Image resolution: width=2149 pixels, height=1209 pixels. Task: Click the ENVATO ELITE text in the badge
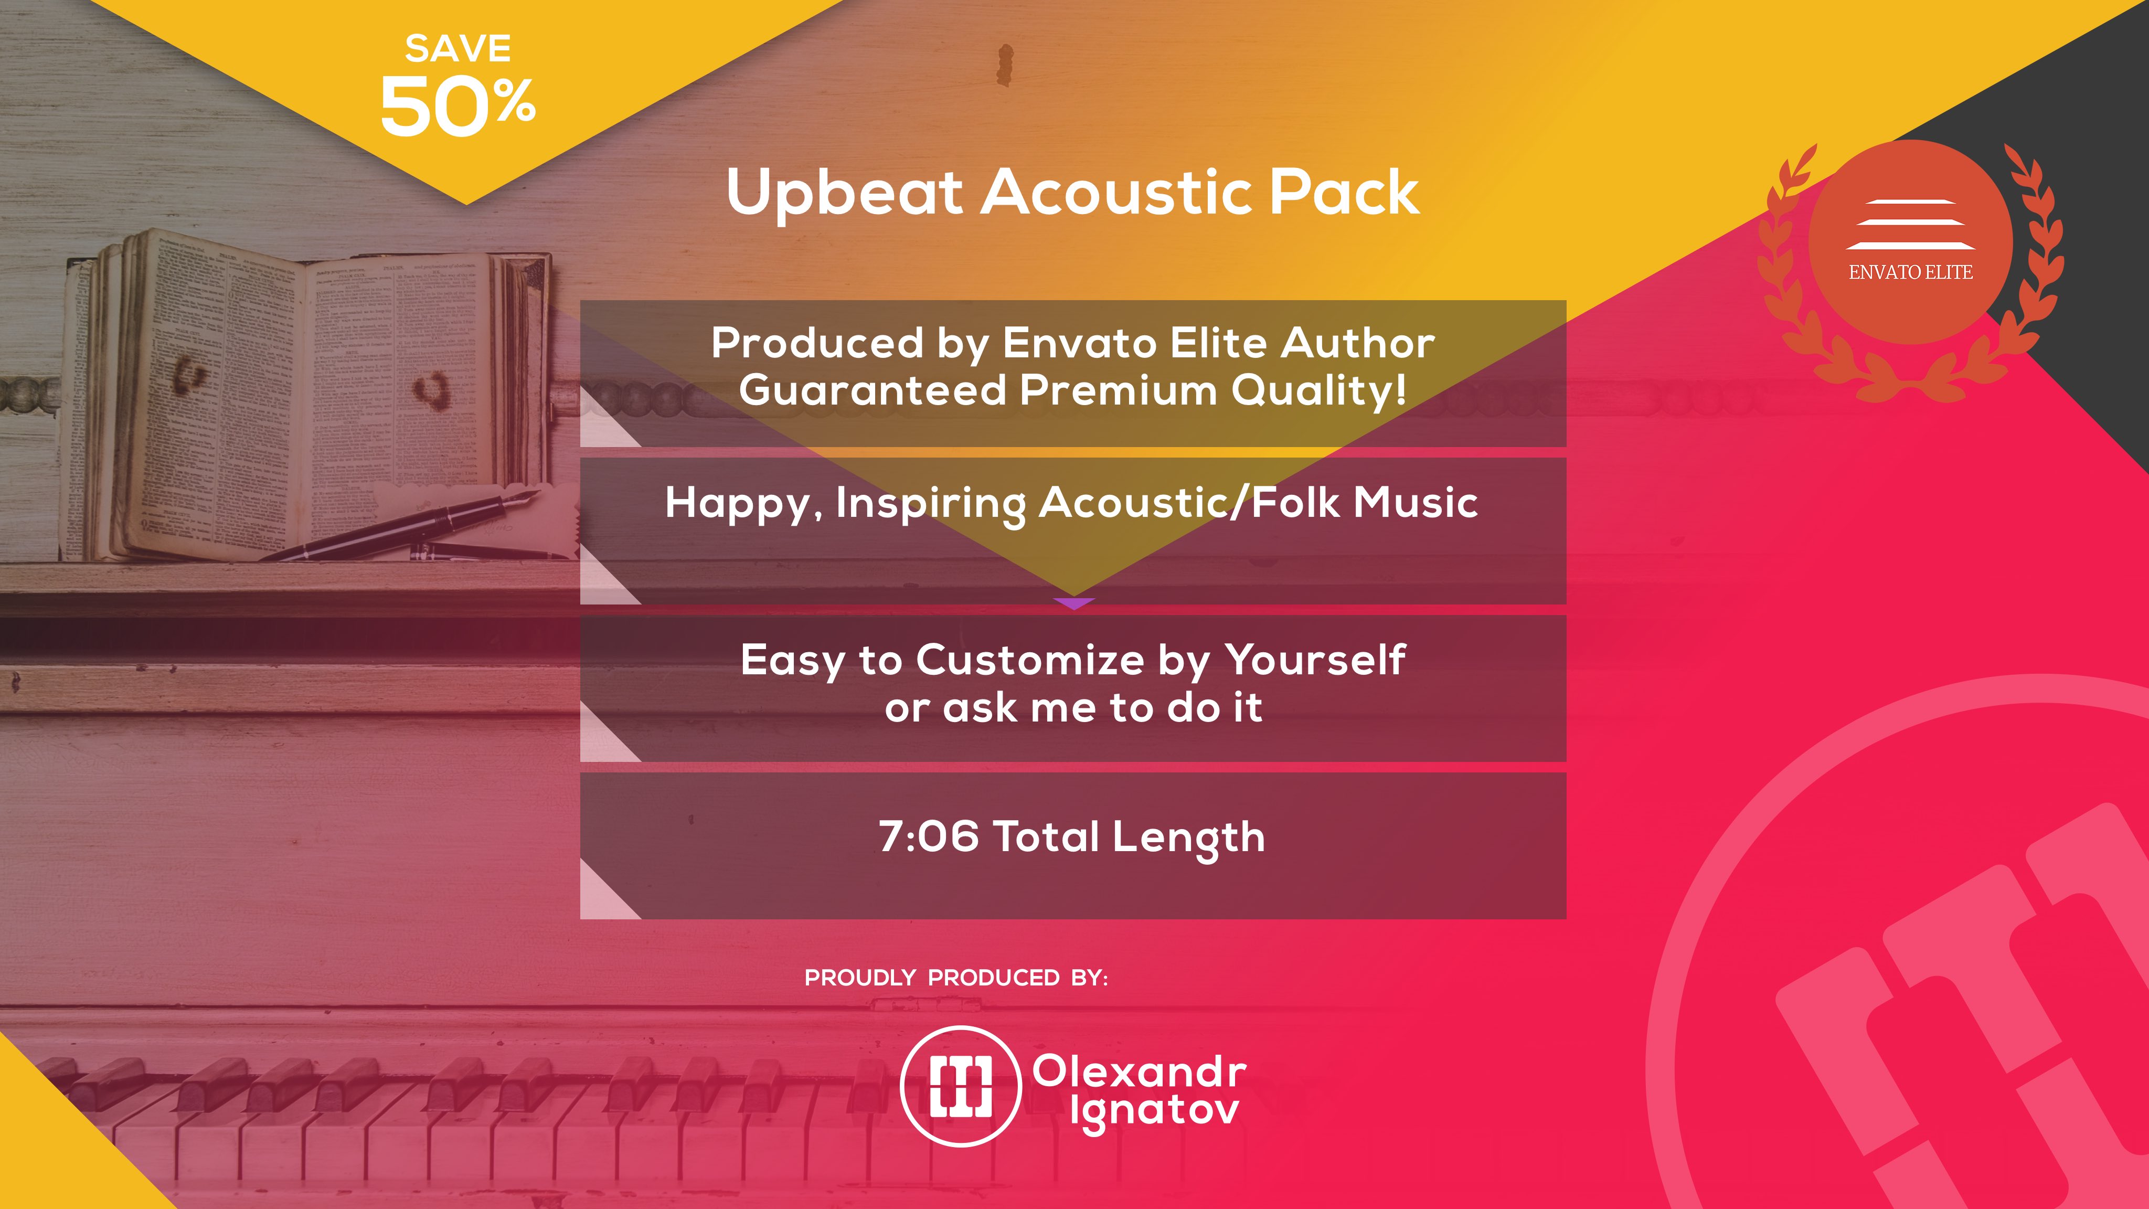[x=1910, y=272]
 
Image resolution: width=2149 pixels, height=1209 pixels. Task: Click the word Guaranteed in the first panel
[x=873, y=390]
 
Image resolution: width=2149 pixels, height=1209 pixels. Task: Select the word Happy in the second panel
[x=738, y=504]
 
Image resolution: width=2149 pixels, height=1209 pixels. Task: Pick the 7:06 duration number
[x=928, y=836]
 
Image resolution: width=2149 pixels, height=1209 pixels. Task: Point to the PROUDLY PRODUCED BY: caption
[x=956, y=978]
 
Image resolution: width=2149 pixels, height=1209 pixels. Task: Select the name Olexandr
[x=1140, y=1072]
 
